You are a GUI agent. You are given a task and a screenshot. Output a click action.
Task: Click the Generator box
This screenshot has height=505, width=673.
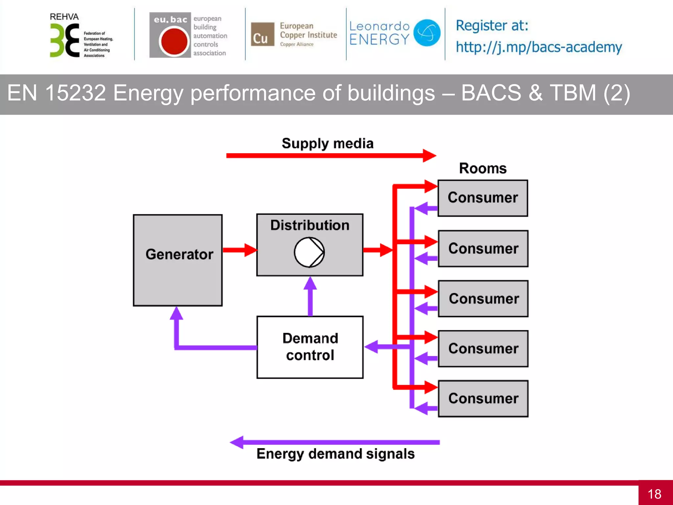[178, 260]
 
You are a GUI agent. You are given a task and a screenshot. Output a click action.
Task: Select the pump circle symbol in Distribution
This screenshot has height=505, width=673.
[309, 252]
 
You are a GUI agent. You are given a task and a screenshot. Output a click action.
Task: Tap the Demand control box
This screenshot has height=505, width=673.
[310, 347]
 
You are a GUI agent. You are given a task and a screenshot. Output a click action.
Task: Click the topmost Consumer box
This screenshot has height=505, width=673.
[483, 198]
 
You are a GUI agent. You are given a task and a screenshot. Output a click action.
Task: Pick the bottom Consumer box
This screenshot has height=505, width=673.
[483, 398]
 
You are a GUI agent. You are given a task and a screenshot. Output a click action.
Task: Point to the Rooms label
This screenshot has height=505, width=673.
[483, 168]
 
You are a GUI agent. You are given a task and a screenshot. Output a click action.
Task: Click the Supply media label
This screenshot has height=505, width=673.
[328, 143]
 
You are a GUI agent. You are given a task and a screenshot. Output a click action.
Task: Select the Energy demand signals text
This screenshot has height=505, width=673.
[336, 454]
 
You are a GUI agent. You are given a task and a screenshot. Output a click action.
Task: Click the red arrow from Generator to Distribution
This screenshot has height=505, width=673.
[240, 250]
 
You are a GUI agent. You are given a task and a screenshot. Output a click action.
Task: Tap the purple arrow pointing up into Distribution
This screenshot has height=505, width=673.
[310, 296]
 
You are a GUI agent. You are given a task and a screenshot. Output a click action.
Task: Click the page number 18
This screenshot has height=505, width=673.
[654, 494]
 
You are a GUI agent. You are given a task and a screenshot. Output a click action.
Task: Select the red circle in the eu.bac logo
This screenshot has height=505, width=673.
[173, 41]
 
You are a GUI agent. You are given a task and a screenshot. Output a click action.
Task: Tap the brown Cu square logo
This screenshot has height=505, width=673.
[262, 35]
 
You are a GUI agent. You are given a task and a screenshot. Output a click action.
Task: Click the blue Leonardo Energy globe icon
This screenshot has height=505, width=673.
[427, 33]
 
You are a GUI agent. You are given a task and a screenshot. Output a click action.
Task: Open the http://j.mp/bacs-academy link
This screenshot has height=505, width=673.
[539, 47]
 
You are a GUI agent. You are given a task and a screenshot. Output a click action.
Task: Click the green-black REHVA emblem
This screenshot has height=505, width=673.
[64, 41]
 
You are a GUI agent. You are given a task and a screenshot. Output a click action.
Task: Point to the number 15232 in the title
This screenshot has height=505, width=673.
[75, 93]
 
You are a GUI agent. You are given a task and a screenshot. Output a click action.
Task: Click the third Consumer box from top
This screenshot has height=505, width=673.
[483, 299]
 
